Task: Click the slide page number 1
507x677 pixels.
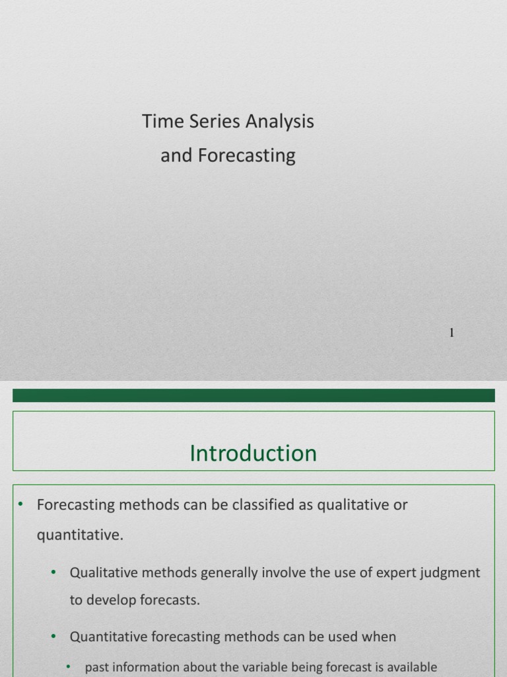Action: [452, 333]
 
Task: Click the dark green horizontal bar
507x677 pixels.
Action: [253, 395]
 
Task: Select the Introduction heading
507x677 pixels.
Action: [253, 454]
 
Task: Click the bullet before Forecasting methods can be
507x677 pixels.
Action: [20, 504]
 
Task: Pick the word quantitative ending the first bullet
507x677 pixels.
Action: [79, 535]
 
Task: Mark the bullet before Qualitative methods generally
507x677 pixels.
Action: [53, 573]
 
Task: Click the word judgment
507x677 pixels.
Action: [452, 573]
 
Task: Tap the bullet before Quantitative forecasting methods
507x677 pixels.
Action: [53, 637]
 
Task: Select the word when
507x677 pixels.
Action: [379, 637]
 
